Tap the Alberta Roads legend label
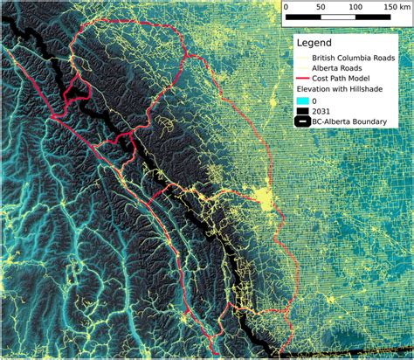coord(341,67)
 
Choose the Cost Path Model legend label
coord(347,78)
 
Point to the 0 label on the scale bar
coord(286,6)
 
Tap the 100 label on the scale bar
coord(356,6)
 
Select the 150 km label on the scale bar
coord(395,6)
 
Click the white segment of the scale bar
coord(338,17)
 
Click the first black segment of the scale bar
coord(303,17)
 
